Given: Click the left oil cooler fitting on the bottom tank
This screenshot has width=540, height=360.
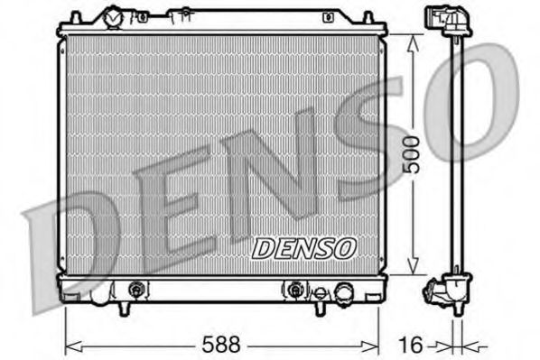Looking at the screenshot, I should [136, 291].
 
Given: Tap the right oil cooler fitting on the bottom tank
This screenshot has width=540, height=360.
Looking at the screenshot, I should [294, 291].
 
